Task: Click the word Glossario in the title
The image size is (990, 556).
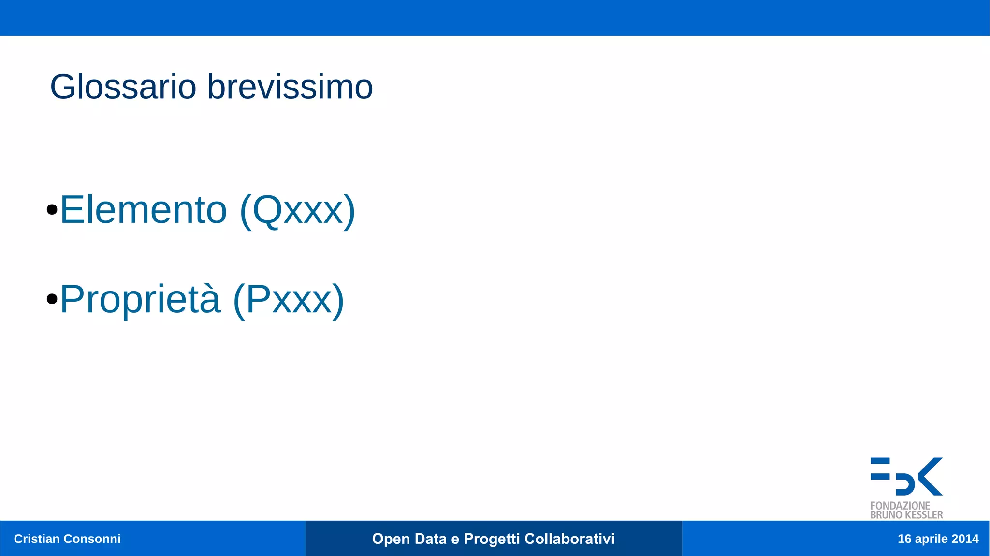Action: tap(123, 87)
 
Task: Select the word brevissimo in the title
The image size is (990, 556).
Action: tap(290, 87)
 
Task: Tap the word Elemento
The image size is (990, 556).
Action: tap(144, 210)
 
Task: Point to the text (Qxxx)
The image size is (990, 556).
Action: tap(297, 211)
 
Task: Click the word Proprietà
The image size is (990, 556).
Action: tap(140, 299)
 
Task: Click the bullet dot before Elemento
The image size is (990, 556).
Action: tap(52, 210)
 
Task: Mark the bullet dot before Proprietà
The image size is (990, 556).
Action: tap(52, 299)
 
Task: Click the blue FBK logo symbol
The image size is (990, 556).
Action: tap(906, 476)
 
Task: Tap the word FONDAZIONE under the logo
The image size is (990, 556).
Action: tap(900, 506)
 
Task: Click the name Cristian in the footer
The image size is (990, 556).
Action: tap(37, 539)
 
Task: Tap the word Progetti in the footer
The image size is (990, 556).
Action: tap(491, 539)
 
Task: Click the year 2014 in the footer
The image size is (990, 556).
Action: tap(965, 539)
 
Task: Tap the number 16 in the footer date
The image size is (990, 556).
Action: tap(904, 539)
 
